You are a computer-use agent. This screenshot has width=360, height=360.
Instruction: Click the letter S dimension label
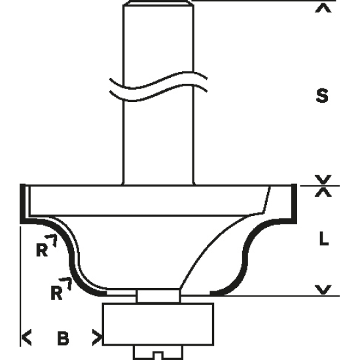[322, 96]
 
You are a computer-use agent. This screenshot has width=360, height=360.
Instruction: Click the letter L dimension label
[324, 238]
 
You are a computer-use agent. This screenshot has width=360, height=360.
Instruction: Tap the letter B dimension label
[63, 338]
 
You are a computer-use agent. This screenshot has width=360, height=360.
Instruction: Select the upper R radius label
[41, 249]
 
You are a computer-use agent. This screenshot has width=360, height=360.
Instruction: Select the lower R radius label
[56, 293]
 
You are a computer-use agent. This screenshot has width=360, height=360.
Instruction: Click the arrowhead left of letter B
[27, 337]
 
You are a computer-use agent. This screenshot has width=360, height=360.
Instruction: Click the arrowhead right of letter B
[97, 338]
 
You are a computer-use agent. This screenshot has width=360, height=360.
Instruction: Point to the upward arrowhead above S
[323, 8]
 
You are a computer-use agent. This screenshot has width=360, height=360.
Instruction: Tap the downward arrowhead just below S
[323, 179]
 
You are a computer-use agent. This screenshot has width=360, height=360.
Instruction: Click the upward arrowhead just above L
[323, 192]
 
